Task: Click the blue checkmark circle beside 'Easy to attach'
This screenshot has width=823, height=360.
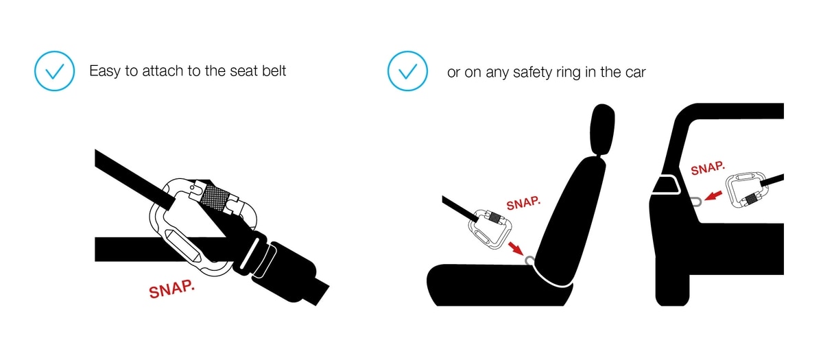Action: click(54, 71)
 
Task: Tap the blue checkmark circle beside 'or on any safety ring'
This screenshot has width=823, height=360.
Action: click(407, 71)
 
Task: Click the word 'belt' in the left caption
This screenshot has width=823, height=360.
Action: click(274, 71)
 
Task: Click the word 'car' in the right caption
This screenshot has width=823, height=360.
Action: click(635, 73)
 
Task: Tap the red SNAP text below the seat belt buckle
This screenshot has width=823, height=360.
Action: click(171, 289)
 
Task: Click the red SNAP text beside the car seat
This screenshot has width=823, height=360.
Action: click(523, 203)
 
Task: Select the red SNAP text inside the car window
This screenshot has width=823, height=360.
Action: click(708, 168)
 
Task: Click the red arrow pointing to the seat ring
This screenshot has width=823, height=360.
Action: click(516, 248)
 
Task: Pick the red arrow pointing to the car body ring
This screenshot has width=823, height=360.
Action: click(713, 195)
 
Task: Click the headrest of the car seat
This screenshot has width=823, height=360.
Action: click(602, 130)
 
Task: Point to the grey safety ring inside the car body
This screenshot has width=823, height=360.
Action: click(695, 202)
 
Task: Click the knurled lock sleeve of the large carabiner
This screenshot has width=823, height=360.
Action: click(215, 197)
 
